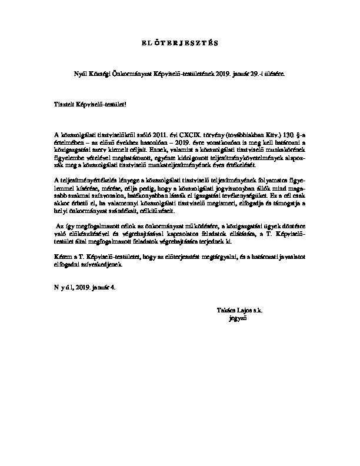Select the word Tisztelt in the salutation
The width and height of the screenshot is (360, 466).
point(64,104)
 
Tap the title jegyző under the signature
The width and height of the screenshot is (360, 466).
point(236,318)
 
